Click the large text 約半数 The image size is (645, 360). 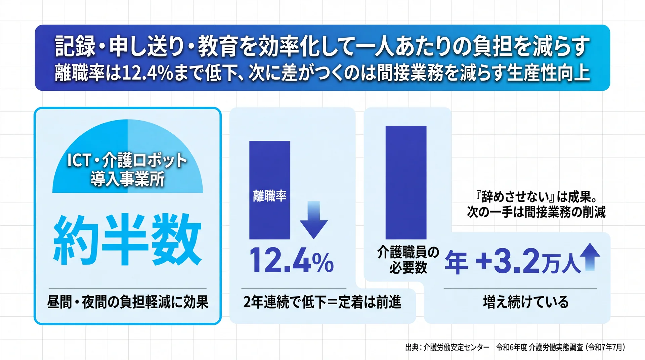127,239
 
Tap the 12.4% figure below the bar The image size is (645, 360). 291,260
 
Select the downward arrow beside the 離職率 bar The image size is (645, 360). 313,220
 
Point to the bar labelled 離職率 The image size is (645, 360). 270,190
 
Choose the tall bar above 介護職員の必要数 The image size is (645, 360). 406,182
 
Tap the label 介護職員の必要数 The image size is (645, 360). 408,260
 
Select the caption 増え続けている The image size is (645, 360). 526,302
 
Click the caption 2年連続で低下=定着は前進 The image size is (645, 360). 322,302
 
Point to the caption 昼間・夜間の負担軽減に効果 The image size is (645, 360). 128,302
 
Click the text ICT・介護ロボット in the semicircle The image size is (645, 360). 127,160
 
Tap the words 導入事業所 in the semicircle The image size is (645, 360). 128,179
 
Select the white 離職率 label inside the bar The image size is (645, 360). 270,196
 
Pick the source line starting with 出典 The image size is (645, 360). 515,347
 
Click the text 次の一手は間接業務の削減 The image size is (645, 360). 536,212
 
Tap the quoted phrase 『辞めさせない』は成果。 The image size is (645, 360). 536,197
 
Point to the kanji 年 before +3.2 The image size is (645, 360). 456,262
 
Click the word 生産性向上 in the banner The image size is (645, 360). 548,73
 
